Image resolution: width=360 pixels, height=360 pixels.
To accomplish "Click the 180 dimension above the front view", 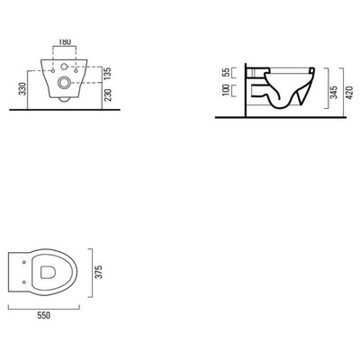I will (x=64, y=42).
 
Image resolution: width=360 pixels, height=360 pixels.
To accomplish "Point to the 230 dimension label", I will (x=107, y=95).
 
